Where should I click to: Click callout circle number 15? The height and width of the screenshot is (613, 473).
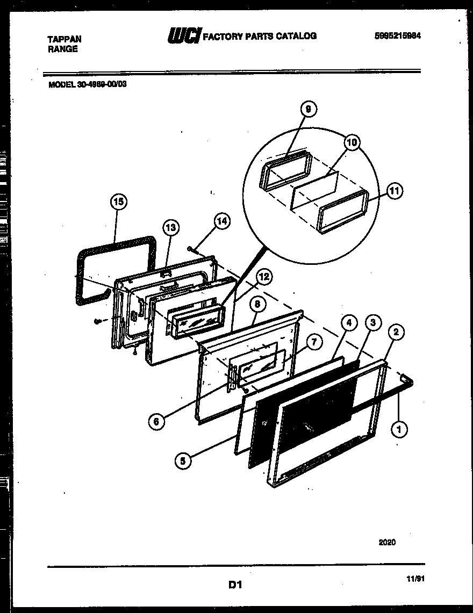click(x=119, y=202)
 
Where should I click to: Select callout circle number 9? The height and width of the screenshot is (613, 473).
click(x=308, y=110)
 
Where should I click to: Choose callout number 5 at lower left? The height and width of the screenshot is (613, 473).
click(x=184, y=460)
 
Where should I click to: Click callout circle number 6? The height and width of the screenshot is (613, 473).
click(x=156, y=421)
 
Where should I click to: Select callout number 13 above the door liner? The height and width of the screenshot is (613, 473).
click(x=170, y=227)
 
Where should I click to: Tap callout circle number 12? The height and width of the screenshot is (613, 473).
click(x=263, y=277)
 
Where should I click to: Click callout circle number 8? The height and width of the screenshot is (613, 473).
click(x=257, y=304)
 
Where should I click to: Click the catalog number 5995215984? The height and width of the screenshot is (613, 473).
click(x=397, y=36)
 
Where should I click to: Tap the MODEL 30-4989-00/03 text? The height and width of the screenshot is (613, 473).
click(x=88, y=83)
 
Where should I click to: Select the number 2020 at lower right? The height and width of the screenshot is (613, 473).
click(x=386, y=542)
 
